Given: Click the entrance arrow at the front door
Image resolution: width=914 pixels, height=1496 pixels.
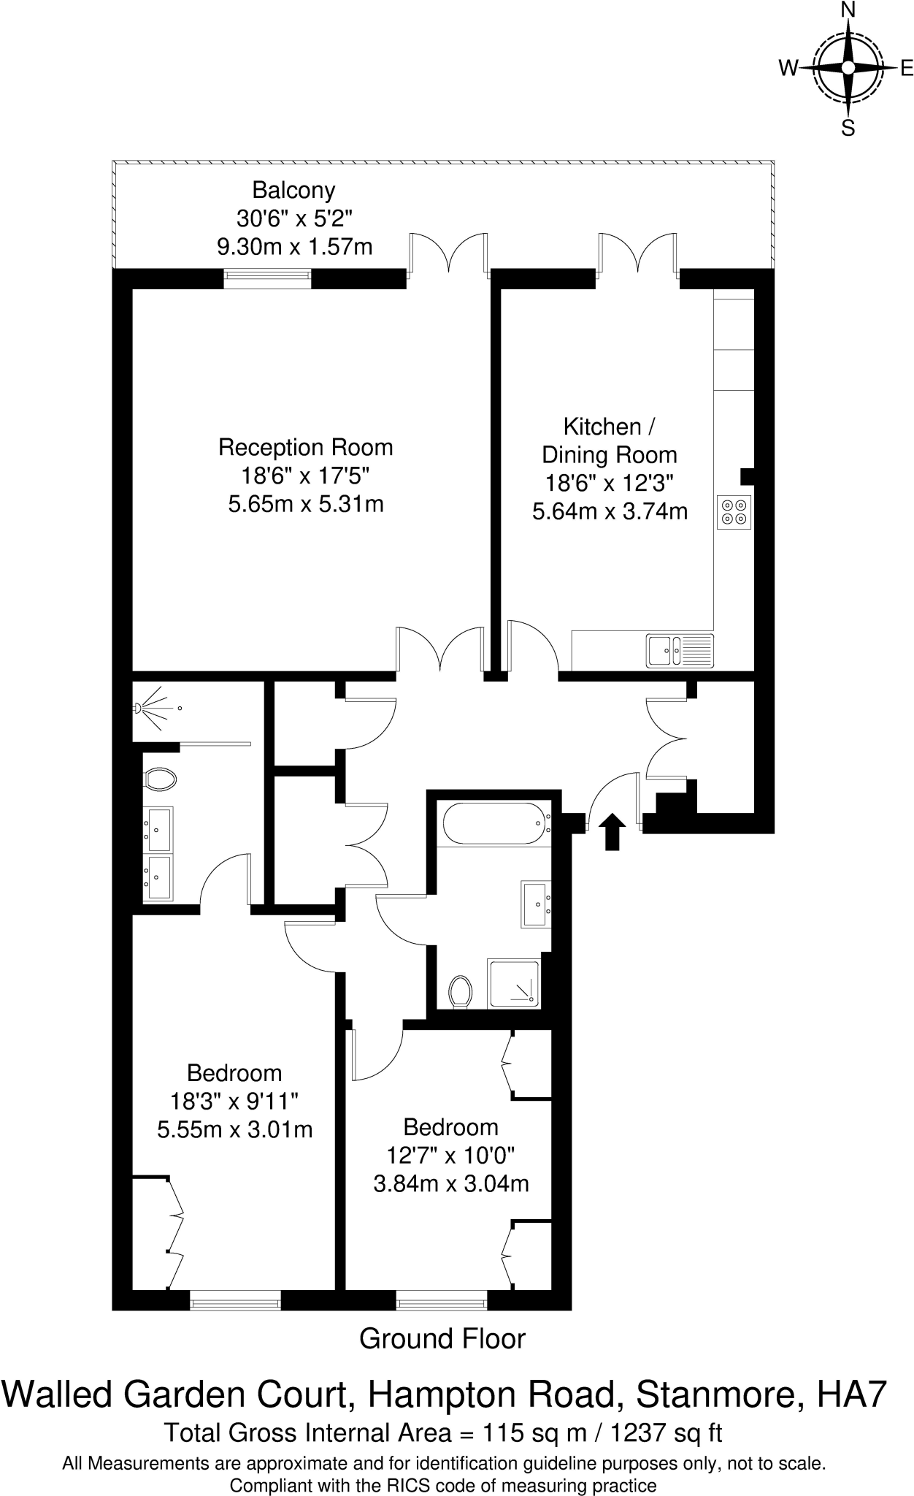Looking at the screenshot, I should (612, 832).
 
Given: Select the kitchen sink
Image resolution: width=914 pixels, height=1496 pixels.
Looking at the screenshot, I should (680, 651).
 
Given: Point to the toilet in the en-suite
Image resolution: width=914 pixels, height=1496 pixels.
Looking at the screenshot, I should (161, 779).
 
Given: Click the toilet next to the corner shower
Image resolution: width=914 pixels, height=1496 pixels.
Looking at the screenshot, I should (460, 991).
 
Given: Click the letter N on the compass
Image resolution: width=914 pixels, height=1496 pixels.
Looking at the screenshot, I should (848, 9).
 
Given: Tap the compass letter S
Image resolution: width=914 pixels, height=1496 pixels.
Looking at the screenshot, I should (848, 129).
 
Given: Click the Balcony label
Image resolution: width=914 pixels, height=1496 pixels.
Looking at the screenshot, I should (293, 190).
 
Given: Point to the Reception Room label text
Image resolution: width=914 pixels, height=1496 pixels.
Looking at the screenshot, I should (305, 447).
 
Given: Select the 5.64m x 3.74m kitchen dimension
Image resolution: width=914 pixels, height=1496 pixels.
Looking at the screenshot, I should (610, 511).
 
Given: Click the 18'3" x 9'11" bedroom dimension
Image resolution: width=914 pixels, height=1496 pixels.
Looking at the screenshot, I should (234, 1101).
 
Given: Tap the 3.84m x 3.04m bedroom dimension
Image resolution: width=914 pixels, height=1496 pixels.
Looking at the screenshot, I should (450, 1183).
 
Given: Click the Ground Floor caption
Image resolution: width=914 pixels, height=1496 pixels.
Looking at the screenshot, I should (442, 1338).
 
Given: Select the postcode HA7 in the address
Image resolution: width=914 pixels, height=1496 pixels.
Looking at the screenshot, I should (852, 1394).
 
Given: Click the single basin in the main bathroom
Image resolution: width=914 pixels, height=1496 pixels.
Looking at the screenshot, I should (535, 904).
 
